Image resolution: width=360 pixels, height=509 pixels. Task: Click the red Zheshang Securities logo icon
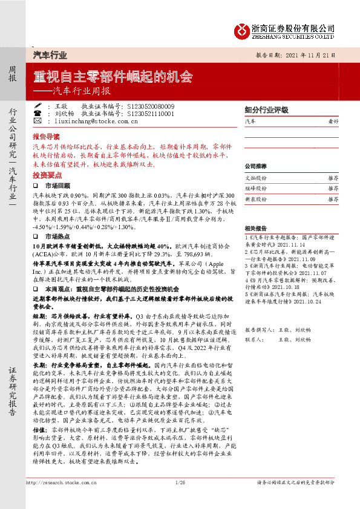coord(244,30)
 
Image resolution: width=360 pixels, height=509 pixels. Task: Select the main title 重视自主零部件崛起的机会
coord(113,78)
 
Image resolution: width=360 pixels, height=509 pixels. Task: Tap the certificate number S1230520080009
coord(151,106)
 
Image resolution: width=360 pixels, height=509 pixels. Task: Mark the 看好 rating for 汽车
coord(333,122)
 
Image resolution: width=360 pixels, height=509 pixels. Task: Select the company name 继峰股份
coord(255,189)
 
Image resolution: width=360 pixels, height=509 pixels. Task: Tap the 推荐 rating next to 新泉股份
coord(333,199)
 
